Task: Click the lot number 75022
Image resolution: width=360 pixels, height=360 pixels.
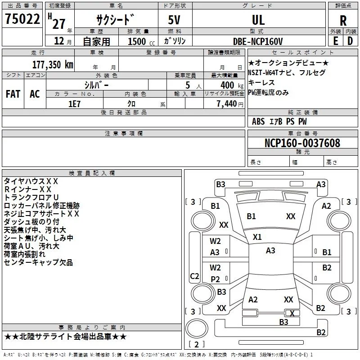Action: coord(22,19)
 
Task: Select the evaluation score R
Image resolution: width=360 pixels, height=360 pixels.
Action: coord(343,21)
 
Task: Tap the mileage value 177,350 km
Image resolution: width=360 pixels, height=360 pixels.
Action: coord(53,65)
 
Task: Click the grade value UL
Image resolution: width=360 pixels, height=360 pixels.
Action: coord(258,20)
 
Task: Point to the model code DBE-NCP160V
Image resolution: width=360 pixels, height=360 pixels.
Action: coord(258,41)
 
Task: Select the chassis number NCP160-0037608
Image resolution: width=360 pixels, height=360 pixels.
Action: coord(302,143)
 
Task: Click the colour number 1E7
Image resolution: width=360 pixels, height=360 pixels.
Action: coord(74,104)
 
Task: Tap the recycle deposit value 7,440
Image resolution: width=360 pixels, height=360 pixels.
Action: coord(227,104)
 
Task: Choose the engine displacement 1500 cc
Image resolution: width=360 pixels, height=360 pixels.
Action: coord(141,41)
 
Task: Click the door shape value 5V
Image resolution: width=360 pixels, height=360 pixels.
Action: coord(174,20)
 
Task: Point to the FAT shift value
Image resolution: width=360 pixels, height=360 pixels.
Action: coord(13,94)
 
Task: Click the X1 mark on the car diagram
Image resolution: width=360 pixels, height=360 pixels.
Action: coord(257,237)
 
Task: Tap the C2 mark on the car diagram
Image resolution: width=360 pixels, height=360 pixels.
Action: coord(194,276)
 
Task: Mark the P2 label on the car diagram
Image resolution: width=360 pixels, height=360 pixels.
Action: coord(215,279)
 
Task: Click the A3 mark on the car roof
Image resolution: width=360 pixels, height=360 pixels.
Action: coord(270,251)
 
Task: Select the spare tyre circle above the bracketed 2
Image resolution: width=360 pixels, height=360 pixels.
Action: coord(197,328)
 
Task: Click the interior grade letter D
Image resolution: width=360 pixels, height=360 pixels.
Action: coord(350,41)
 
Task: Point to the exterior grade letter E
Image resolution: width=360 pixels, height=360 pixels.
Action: coord(335,41)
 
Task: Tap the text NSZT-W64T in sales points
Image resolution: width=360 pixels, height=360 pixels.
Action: coord(263,72)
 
